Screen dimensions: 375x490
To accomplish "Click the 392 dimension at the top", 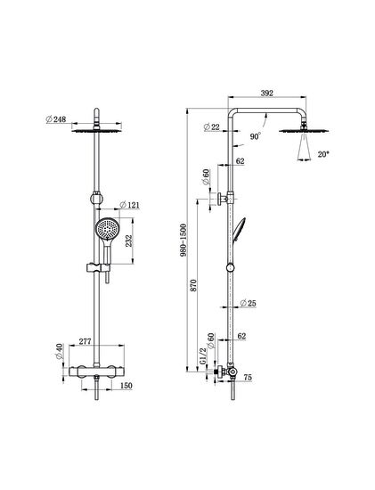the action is (267, 94).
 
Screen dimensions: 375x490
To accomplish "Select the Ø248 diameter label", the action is (56, 119).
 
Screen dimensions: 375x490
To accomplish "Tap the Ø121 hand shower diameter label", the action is (130, 205).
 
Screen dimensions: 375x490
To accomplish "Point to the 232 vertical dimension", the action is (129, 241).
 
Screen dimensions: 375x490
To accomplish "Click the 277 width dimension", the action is (86, 341).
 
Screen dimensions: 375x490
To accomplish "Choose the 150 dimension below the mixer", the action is (126, 386).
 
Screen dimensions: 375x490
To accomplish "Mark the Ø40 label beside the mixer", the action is (60, 352).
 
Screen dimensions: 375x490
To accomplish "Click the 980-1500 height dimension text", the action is (183, 240).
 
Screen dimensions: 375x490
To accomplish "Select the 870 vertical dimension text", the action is (193, 286).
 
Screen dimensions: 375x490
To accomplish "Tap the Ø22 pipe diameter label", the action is (212, 127).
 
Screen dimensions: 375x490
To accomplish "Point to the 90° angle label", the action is (256, 136).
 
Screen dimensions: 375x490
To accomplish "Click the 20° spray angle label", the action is (323, 154).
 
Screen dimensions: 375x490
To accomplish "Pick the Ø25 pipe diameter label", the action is (249, 303).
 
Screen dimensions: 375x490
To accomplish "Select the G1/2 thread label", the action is (203, 356).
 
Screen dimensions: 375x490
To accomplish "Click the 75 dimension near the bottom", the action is (248, 378).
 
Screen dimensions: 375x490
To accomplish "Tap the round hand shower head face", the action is (107, 229).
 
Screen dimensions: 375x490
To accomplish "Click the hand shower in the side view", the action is (238, 229).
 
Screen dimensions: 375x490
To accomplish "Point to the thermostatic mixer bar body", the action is (96, 372).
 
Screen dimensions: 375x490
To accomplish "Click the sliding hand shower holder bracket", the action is (97, 268).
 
